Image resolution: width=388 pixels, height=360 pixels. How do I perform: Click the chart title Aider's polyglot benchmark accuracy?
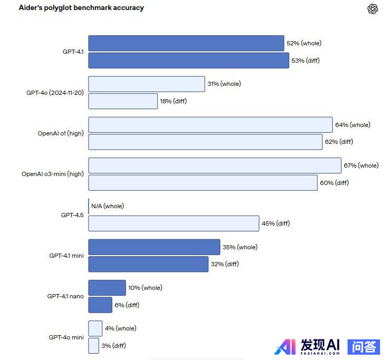coord(81,8)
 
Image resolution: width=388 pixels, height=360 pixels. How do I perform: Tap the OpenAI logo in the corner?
coord(373,9)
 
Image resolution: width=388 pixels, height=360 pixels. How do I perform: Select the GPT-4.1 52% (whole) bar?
coord(186,43)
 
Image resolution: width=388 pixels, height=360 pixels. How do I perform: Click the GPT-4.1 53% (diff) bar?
coord(188,61)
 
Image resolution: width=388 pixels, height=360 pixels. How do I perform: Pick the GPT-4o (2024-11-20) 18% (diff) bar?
coord(123,101)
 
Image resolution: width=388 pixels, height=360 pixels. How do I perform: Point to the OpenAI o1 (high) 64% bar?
coord(210,125)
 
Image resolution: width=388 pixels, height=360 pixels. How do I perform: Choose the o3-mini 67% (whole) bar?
coord(215,166)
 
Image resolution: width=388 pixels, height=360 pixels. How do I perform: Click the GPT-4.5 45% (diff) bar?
coord(173,223)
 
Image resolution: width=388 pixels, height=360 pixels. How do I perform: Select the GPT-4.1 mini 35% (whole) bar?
coord(154,247)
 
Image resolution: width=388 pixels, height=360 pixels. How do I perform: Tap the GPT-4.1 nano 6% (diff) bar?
coord(100,305)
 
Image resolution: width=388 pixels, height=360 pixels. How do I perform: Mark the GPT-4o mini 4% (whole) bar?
coord(95,328)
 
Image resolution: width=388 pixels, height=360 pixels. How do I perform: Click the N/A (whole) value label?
coord(108,206)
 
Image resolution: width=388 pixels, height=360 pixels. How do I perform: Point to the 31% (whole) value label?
coord(224,84)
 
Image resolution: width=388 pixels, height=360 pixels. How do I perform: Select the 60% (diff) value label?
coord(334,183)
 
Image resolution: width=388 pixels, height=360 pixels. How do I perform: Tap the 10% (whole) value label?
coord(145,288)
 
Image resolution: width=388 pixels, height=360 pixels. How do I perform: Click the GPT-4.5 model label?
coord(72,215)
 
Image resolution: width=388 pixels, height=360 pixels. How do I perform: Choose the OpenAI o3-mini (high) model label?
coord(53,174)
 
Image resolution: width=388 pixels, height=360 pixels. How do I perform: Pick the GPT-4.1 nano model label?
coord(65,296)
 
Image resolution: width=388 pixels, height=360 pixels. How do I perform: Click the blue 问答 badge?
coord(364,346)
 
